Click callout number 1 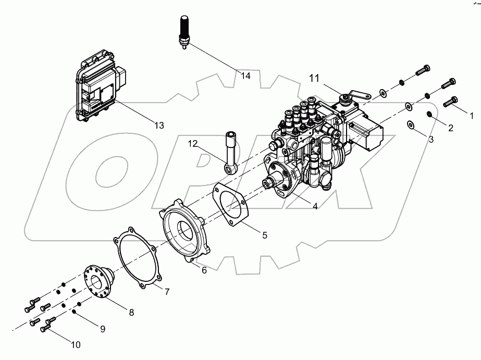(x=472, y=113)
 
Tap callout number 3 (x=431, y=140)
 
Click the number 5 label (x=264, y=235)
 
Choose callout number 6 (x=204, y=270)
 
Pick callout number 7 (x=167, y=292)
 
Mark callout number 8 (x=131, y=313)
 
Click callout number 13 (x=158, y=126)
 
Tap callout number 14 (x=245, y=76)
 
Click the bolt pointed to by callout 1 (x=451, y=102)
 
